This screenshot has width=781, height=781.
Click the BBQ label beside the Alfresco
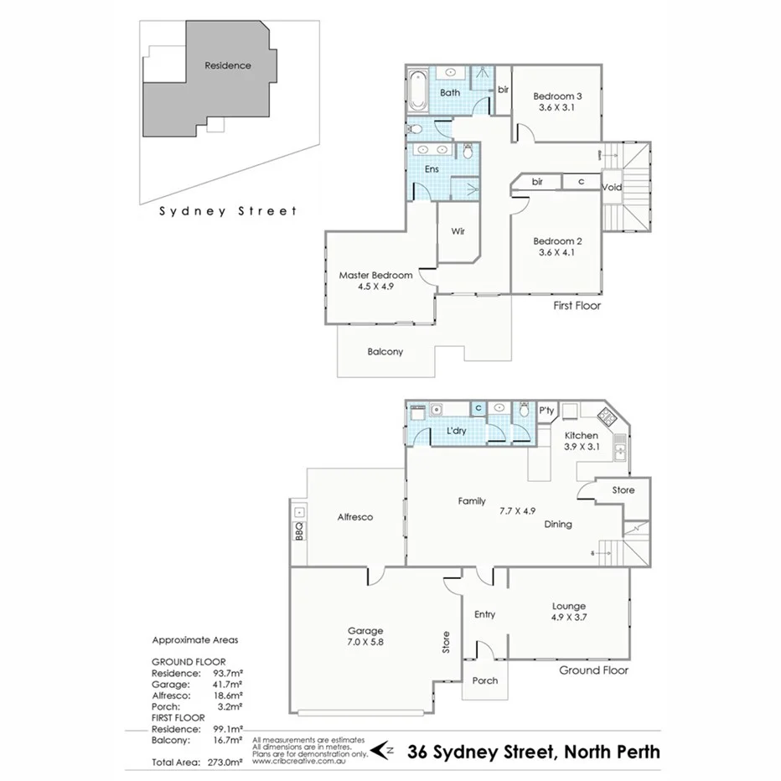[x=299, y=530]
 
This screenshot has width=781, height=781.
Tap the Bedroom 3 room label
[x=557, y=96]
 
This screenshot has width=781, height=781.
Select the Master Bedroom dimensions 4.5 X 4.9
[x=375, y=286]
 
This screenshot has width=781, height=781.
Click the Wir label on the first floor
[x=458, y=231]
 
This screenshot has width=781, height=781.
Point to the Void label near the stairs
[x=612, y=187]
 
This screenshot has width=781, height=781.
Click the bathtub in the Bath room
[x=417, y=92]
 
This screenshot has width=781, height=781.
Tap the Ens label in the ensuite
[x=432, y=169]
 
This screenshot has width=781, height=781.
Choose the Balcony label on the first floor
[x=385, y=352]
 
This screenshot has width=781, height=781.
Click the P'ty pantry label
[x=546, y=411]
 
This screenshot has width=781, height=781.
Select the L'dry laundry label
[x=456, y=431]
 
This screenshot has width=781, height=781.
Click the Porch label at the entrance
[x=484, y=680]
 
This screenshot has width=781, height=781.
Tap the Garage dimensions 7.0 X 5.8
[x=365, y=643]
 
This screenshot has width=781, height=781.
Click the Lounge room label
[x=568, y=607]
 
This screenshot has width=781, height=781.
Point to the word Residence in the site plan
[x=228, y=65]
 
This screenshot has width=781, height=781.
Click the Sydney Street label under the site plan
[x=228, y=211]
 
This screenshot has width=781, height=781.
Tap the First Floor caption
[x=577, y=306]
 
